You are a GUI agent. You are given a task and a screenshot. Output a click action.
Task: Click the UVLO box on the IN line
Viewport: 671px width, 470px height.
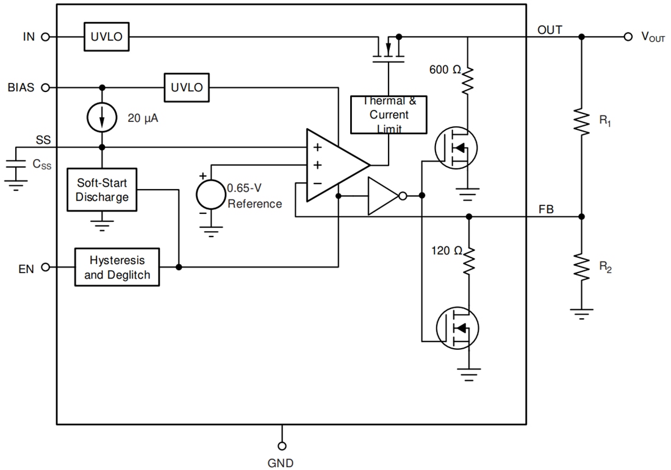(107, 37)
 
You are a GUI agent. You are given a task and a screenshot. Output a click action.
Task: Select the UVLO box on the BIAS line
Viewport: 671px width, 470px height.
(187, 87)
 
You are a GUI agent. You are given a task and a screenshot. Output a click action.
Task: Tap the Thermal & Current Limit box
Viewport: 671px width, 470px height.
(389, 115)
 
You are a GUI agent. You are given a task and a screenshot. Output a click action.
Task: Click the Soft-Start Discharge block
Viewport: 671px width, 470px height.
(102, 189)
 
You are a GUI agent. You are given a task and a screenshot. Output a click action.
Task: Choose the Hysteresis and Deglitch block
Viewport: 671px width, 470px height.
(117, 267)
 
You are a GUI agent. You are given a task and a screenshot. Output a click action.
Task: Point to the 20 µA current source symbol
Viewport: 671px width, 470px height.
(102, 118)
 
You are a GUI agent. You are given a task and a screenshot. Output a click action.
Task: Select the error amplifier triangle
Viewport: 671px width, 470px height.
(335, 165)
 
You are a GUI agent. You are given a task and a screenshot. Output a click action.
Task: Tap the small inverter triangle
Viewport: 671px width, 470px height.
(382, 196)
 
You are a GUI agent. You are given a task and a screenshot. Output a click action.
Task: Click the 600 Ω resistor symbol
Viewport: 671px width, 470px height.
(468, 79)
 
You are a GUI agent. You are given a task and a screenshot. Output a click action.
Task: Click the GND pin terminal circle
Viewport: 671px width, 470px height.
(282, 446)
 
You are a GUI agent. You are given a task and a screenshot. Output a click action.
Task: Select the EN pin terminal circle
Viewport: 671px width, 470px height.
(45, 267)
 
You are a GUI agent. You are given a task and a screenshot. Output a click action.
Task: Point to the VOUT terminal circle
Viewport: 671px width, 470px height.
(628, 37)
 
